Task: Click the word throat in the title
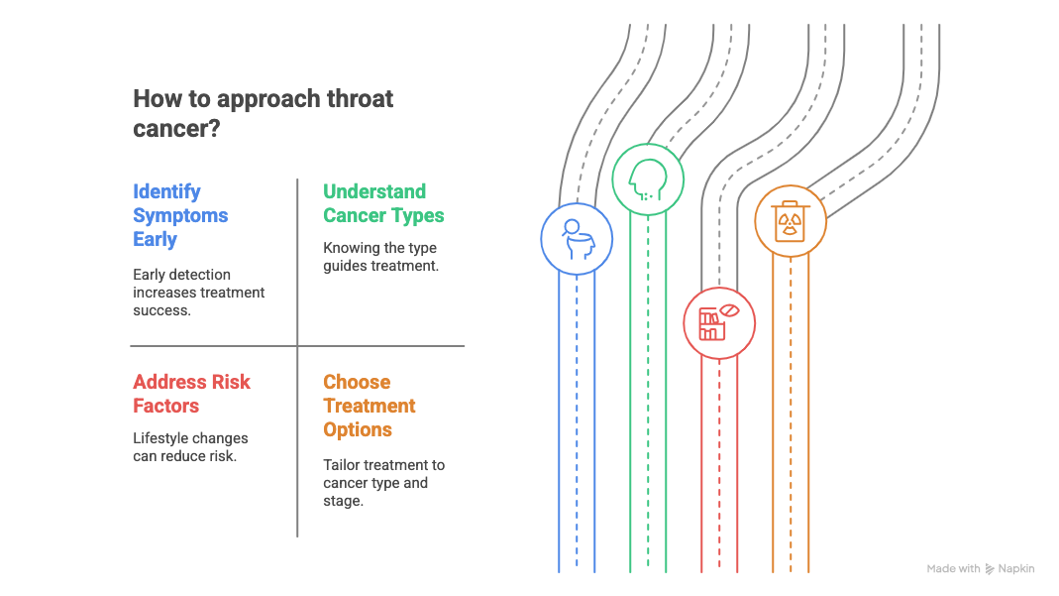pyautogui.click(x=360, y=98)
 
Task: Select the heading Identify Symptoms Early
pyautogui.click(x=180, y=215)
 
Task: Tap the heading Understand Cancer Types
pyautogui.click(x=383, y=203)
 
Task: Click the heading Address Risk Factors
pyautogui.click(x=192, y=394)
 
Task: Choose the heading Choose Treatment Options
pyautogui.click(x=369, y=406)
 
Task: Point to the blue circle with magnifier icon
pyautogui.click(x=577, y=239)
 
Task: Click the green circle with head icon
pyautogui.click(x=648, y=179)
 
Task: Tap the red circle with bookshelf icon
pyautogui.click(x=719, y=323)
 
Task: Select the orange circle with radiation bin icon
pyautogui.click(x=791, y=222)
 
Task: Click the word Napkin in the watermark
pyautogui.click(x=1015, y=569)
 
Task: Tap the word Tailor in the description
pyautogui.click(x=341, y=465)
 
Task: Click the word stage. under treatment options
pyautogui.click(x=343, y=502)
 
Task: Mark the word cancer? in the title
pyautogui.click(x=176, y=128)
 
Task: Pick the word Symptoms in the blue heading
pyautogui.click(x=180, y=215)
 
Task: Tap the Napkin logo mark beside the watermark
pyautogui.click(x=990, y=569)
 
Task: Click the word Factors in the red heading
pyautogui.click(x=166, y=406)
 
